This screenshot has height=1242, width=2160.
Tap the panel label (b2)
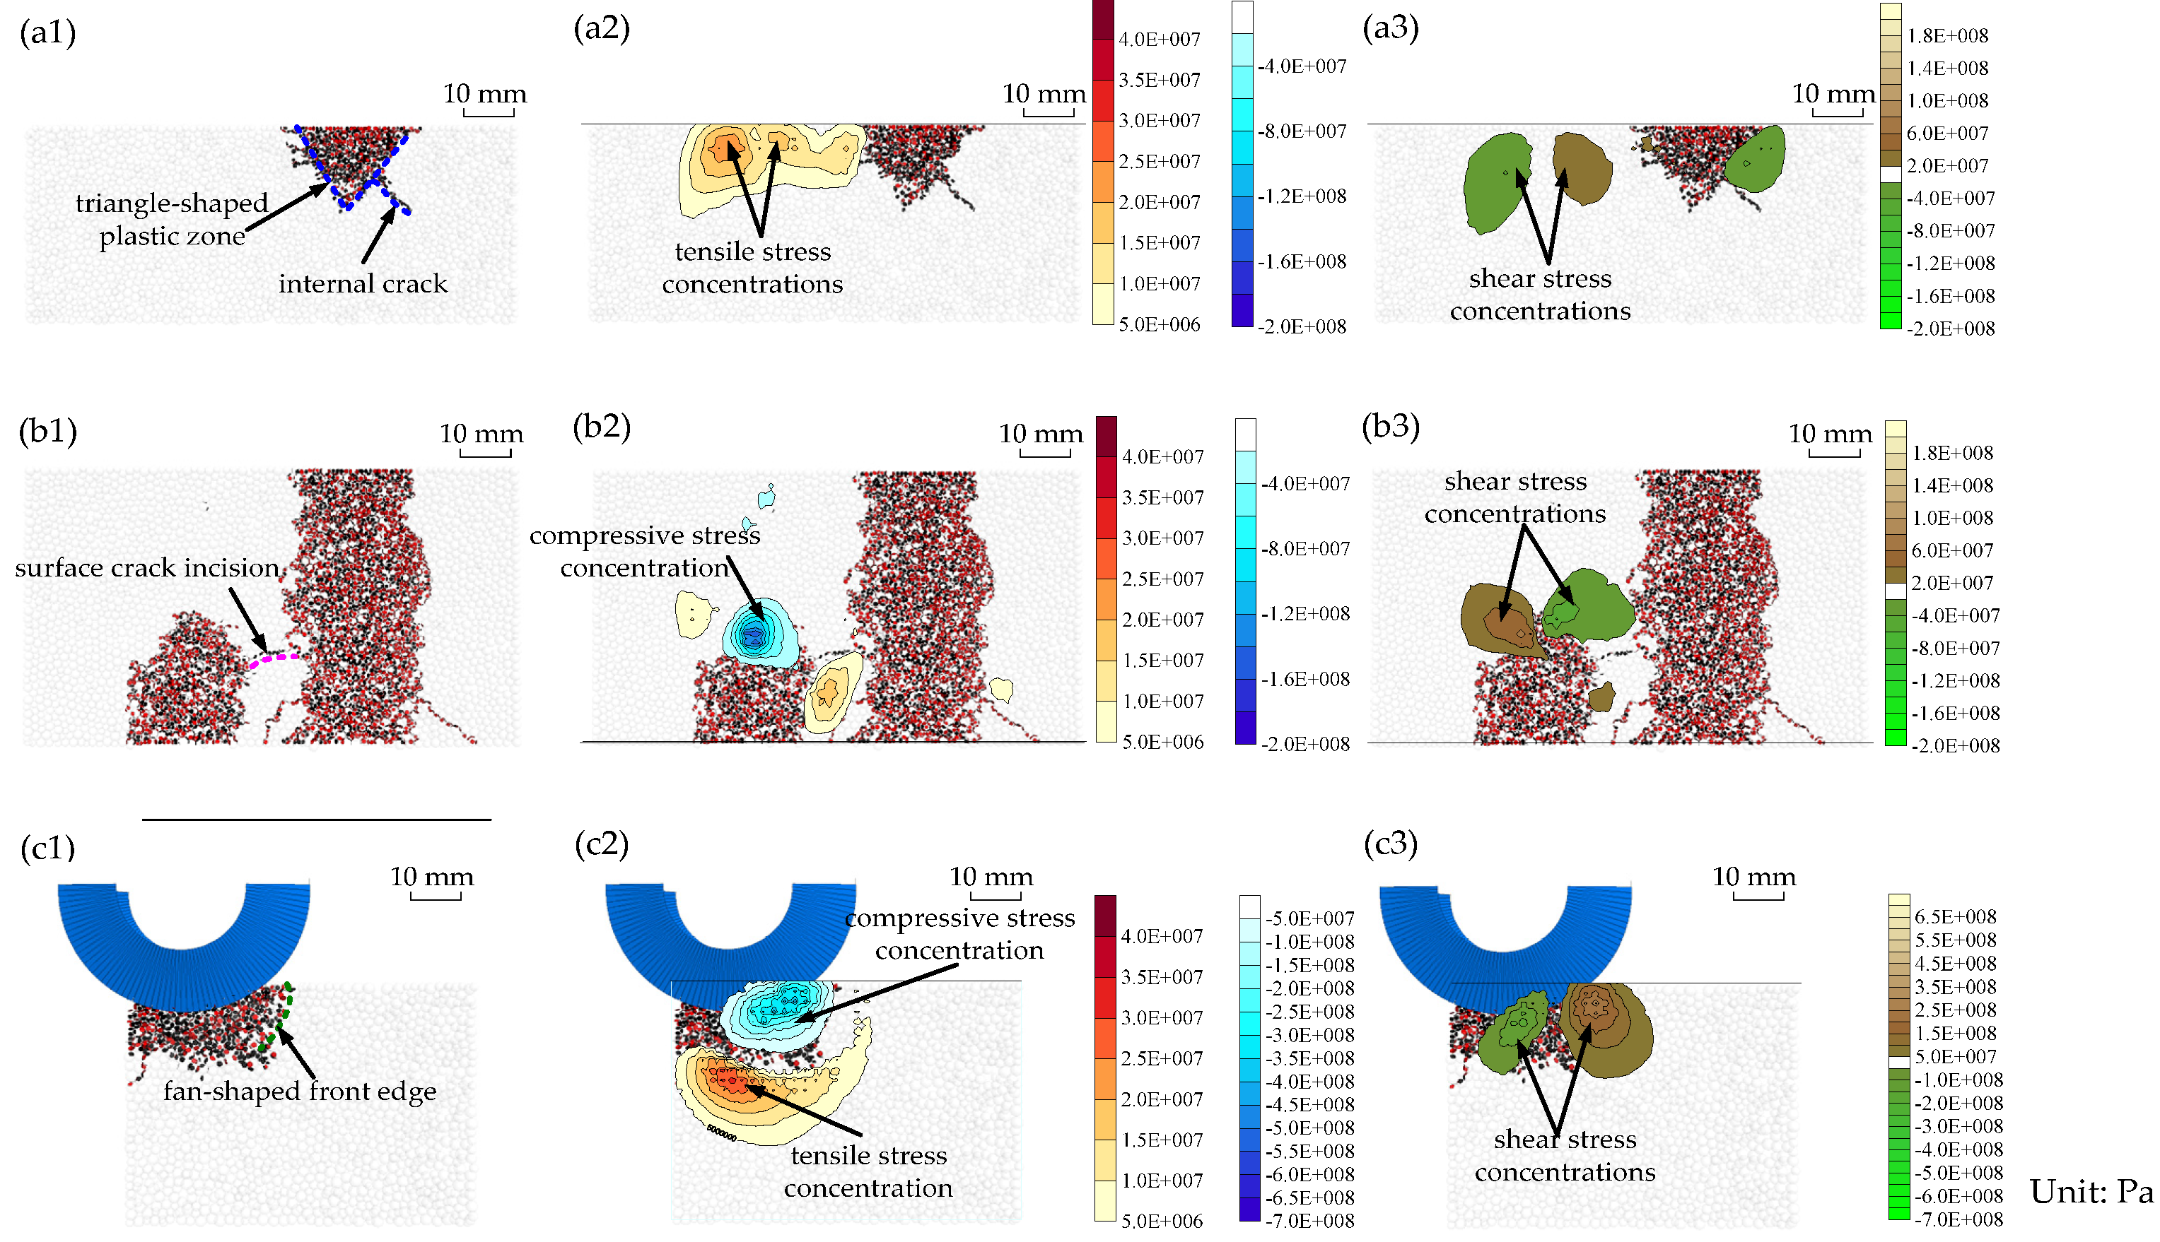[602, 426]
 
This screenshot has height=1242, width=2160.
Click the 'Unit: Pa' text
[2091, 1192]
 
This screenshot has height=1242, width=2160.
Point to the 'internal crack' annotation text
[363, 283]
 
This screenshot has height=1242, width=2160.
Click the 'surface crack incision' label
[147, 567]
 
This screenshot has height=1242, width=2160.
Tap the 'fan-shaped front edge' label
[300, 1091]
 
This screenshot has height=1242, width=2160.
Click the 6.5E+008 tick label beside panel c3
[1955, 917]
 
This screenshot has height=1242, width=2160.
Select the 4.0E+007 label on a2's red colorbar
[1159, 40]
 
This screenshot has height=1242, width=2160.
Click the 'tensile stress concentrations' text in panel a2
[752, 267]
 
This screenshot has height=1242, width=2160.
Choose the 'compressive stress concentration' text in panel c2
[959, 934]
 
